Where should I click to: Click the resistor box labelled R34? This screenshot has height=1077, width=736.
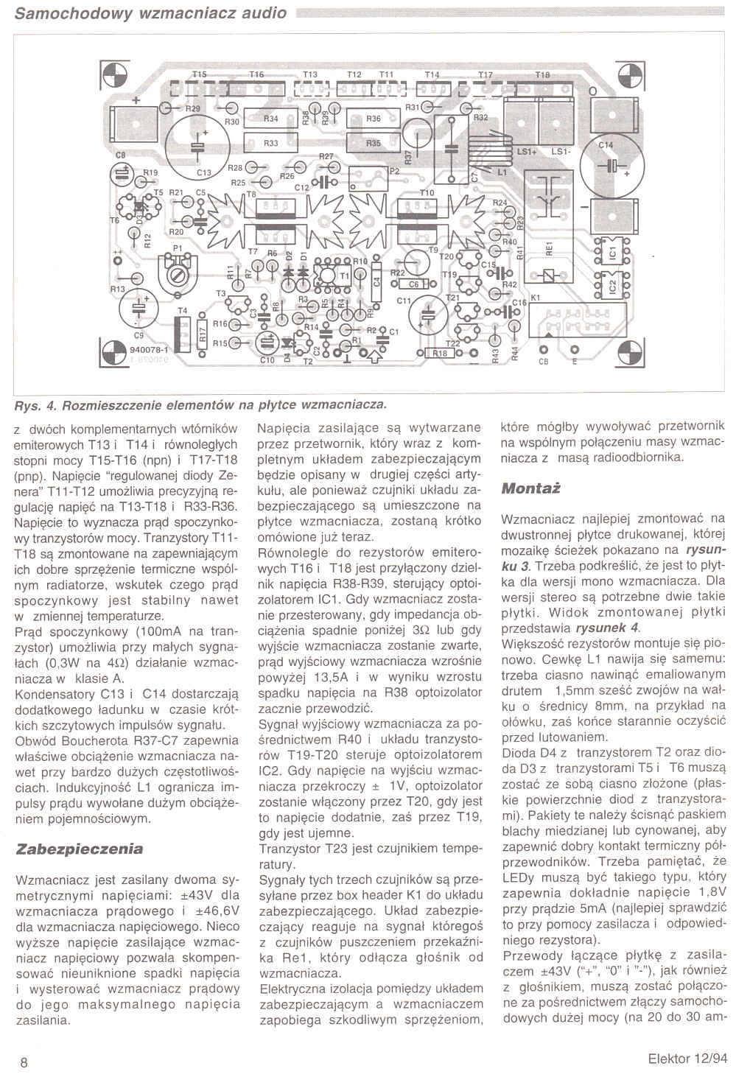point(270,118)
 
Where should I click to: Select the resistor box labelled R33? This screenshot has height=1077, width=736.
point(270,143)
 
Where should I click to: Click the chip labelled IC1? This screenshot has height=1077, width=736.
point(611,252)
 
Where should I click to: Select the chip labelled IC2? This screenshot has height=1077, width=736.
point(611,287)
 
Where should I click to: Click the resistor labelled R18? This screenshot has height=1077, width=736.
point(440,354)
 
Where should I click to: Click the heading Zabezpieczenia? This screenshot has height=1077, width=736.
point(80,848)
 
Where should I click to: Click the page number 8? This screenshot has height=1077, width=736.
point(24,1062)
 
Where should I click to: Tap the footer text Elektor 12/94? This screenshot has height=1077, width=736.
point(687,1061)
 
